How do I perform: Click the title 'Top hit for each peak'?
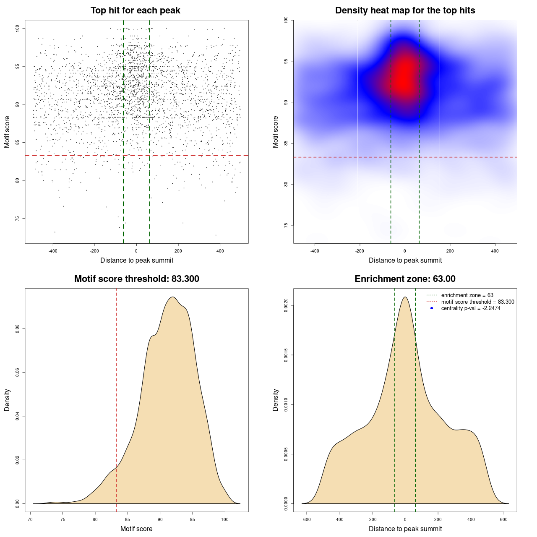(x=136, y=10)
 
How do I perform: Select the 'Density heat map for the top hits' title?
(x=405, y=10)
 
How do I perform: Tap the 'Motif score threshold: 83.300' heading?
(x=136, y=279)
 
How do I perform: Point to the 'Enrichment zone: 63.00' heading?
(x=405, y=279)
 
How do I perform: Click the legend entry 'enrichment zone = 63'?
(x=467, y=295)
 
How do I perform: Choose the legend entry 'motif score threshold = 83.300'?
(x=477, y=302)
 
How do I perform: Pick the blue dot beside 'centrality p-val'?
(x=432, y=308)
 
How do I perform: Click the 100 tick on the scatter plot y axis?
(x=17, y=28)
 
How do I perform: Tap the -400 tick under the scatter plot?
(x=53, y=251)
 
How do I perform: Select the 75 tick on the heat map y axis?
(x=286, y=225)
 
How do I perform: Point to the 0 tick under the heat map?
(x=405, y=251)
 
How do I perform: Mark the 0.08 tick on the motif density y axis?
(x=17, y=328)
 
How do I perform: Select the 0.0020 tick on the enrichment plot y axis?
(x=286, y=306)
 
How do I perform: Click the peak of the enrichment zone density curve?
(x=405, y=297)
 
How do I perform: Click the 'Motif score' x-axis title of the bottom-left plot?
(x=136, y=529)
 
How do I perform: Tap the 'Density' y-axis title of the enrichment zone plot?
(x=276, y=400)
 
